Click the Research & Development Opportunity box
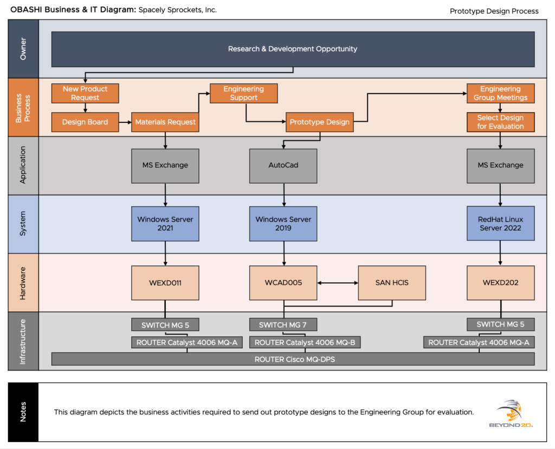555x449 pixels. (293, 49)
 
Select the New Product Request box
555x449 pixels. (85, 93)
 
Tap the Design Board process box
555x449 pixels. (85, 122)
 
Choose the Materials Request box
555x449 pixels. (165, 122)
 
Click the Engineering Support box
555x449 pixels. (243, 93)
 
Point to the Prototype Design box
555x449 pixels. (320, 122)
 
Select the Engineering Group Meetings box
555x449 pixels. (500, 93)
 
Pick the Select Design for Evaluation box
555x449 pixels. (500, 122)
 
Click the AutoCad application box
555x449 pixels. (283, 165)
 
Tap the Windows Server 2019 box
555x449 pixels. (283, 224)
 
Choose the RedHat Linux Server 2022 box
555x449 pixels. (500, 224)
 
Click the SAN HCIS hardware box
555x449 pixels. (392, 283)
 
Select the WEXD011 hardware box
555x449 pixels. (165, 283)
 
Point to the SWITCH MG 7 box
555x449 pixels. (283, 325)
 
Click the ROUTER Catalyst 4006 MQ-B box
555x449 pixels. (305, 342)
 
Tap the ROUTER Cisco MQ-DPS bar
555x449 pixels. (293, 359)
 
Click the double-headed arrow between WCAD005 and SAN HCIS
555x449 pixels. (338, 283)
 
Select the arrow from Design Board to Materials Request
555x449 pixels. (125, 122)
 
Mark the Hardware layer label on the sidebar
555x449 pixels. (23, 283)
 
